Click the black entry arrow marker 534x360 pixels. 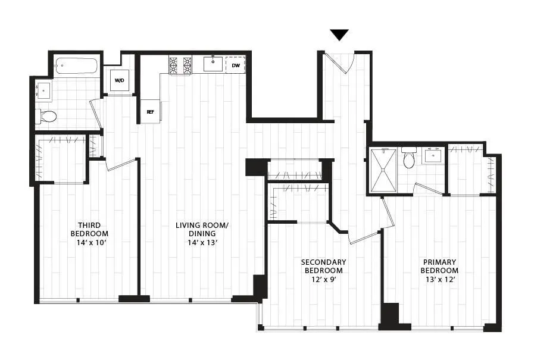pyautogui.click(x=339, y=35)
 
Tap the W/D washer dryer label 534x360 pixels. pyautogui.click(x=119, y=80)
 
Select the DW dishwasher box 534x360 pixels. pyautogui.click(x=236, y=64)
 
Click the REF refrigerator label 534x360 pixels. pyautogui.click(x=151, y=111)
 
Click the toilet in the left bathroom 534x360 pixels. pyautogui.click(x=47, y=115)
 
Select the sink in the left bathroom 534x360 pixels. pyautogui.click(x=44, y=91)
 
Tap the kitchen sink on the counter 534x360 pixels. pyautogui.click(x=213, y=64)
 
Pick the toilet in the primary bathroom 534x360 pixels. pyautogui.click(x=408, y=158)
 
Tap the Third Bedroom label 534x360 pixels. pyautogui.click(x=89, y=229)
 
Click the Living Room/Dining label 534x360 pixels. pyautogui.click(x=202, y=229)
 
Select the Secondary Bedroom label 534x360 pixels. pyautogui.click(x=323, y=266)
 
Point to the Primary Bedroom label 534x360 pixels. pyautogui.click(x=439, y=266)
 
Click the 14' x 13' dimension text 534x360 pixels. pyautogui.click(x=202, y=242)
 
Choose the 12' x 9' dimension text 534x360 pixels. pyautogui.click(x=323, y=278)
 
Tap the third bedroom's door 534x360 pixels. pyautogui.click(x=121, y=164)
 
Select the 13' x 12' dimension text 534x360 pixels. pyautogui.click(x=439, y=278)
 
